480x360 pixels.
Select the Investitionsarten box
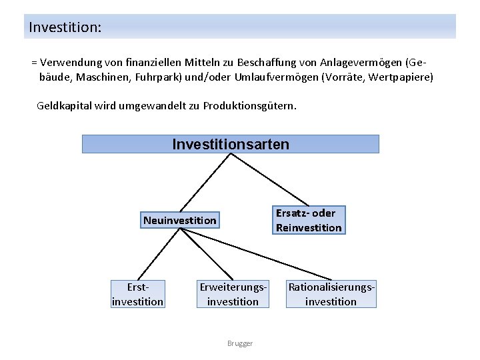click(x=230, y=144)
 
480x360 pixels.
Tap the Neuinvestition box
click(x=179, y=220)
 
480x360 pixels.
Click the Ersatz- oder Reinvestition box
click(x=309, y=220)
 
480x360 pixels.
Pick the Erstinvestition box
click(x=137, y=294)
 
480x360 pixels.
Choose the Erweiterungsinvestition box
click(x=233, y=294)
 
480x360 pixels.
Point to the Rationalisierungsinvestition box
click(x=331, y=294)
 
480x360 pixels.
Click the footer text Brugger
click(x=239, y=343)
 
